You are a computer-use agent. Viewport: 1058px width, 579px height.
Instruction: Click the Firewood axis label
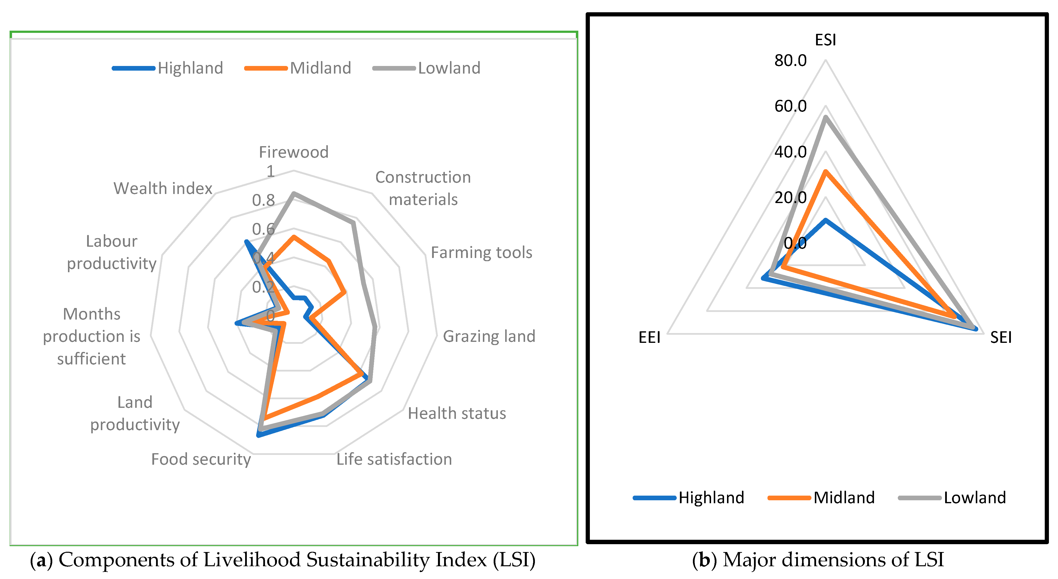click(x=294, y=152)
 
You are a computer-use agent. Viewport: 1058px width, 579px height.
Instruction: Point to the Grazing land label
click(x=489, y=336)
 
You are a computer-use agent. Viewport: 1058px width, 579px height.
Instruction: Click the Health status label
click(x=457, y=413)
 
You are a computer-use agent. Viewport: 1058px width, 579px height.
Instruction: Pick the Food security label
click(x=201, y=459)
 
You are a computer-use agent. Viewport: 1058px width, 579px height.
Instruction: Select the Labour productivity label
click(x=112, y=252)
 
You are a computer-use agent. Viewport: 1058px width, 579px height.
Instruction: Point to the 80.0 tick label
click(x=790, y=61)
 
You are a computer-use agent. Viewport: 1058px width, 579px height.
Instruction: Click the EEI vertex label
click(x=649, y=337)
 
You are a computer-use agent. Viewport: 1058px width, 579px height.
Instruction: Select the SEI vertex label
click(x=1001, y=337)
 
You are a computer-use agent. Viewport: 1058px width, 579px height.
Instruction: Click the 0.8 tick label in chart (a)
click(x=263, y=200)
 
